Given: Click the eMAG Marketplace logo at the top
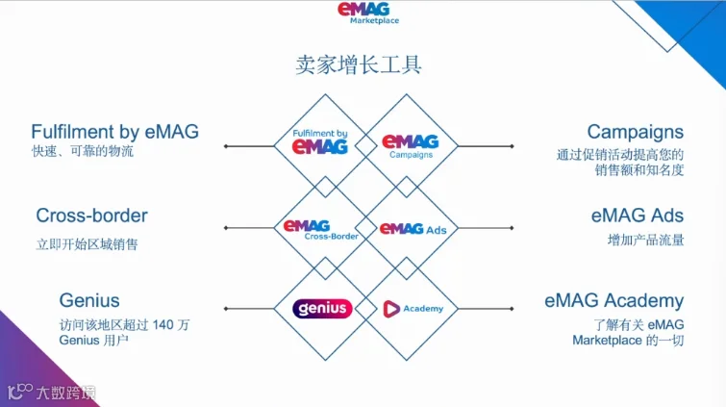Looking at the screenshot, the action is pos(368,13).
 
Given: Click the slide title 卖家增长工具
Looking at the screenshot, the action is pos(359,64).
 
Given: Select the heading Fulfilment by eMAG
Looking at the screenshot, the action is pos(114,132).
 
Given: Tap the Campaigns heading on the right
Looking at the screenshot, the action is pos(636,132).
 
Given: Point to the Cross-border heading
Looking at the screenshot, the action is pos(91,216).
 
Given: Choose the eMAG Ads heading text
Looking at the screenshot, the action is pos(638,216).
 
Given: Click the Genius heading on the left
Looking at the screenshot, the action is pos(89,300).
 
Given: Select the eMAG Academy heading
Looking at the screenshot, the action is pos(613,301).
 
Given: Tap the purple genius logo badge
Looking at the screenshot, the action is pos(322,309).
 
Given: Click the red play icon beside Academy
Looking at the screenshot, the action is pos(391,309).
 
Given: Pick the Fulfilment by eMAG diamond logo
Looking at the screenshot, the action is pos(320,141).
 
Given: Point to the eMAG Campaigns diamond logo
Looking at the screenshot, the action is pos(411,146).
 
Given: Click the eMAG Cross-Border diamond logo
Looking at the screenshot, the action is pos(321,229).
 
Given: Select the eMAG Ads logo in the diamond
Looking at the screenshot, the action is pos(413,229).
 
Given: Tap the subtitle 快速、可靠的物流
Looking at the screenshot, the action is pos(83,151).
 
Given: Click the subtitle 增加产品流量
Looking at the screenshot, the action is pos(645,240).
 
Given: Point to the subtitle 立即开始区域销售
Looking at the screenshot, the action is pos(88,244).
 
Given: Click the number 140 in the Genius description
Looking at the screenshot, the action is pos(163,324).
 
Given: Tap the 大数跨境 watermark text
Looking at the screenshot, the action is pos(65,393).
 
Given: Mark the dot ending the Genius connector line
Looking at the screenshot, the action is pos(226,309).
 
